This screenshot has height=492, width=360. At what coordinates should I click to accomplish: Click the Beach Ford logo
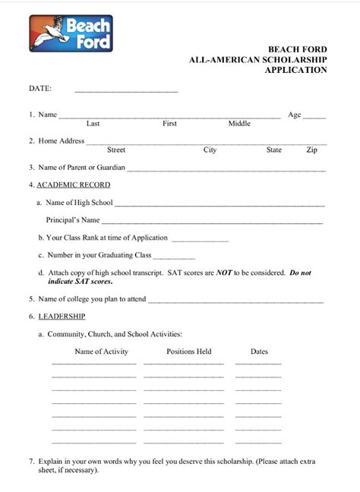(x=71, y=34)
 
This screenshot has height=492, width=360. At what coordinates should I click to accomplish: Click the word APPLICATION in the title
(x=295, y=70)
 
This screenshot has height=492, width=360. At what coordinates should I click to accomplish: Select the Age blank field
(x=314, y=117)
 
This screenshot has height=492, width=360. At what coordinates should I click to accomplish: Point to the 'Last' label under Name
(x=93, y=123)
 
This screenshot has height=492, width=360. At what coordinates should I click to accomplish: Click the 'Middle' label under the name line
(x=239, y=123)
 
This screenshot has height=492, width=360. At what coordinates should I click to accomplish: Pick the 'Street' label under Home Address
(x=116, y=150)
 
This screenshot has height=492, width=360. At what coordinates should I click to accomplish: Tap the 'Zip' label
(x=311, y=150)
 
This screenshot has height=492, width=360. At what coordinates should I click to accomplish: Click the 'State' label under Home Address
(x=274, y=150)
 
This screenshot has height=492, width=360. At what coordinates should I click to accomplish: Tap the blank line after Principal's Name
(x=213, y=222)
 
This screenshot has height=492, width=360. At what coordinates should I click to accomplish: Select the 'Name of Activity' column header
(x=101, y=352)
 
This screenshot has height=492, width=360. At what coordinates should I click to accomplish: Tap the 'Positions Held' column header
(x=188, y=352)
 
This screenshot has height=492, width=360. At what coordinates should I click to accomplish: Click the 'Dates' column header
(x=259, y=352)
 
